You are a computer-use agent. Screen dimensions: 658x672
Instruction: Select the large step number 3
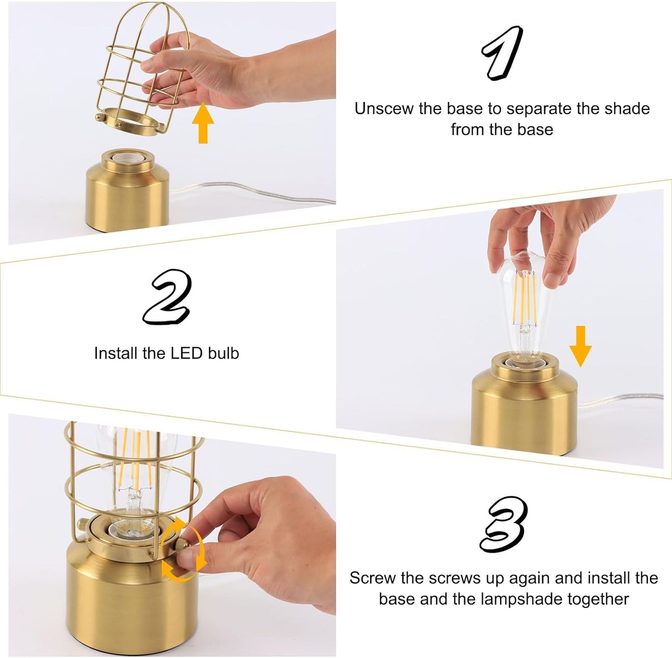(504, 524)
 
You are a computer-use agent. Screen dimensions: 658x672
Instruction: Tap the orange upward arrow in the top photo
(203, 123)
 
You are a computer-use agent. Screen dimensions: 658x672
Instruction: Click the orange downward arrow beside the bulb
(580, 346)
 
